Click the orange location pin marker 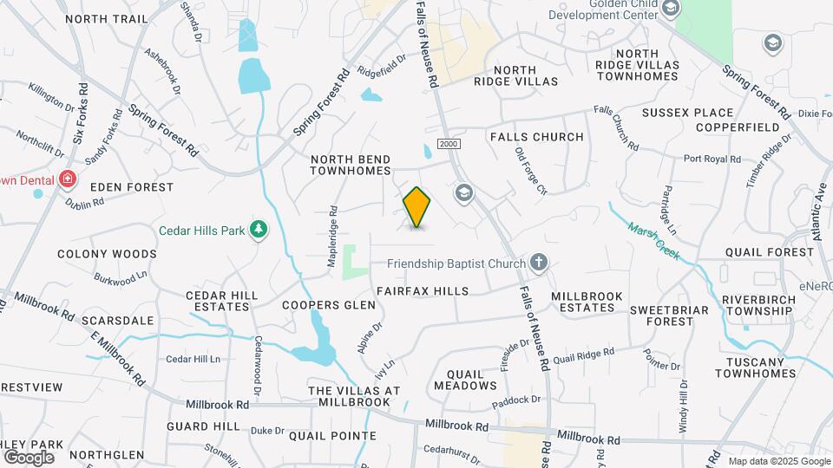coord(417,207)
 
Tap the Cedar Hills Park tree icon coord(258,230)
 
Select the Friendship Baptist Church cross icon coord(539,263)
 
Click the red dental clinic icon coord(67,180)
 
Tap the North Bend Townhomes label coord(351,165)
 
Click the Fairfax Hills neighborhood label coord(423,291)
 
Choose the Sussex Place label coord(688,113)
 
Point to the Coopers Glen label coord(329,305)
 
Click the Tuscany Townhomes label coord(756,367)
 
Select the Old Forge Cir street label coord(531,172)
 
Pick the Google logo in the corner coord(30,457)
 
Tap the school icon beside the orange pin coord(463,192)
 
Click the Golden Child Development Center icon coord(670,8)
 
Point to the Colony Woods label coord(108,254)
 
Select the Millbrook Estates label coord(587,302)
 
